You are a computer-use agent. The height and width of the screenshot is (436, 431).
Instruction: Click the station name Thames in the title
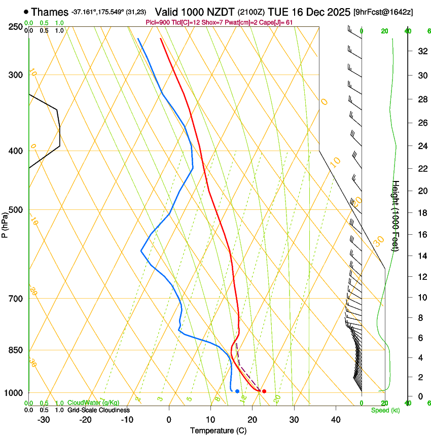[x=50, y=12]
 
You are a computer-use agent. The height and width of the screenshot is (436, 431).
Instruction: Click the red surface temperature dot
[x=264, y=391]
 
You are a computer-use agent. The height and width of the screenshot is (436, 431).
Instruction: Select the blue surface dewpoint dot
[x=237, y=391]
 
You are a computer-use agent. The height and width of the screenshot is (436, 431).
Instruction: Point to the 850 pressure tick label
[x=16, y=350]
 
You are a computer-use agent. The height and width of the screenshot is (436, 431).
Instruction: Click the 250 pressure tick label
[x=16, y=27]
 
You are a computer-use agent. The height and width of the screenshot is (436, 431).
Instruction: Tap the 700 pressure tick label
[x=16, y=299]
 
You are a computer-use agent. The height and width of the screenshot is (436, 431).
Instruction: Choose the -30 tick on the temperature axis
[x=44, y=420]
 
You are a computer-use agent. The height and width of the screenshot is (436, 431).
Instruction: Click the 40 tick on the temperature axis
[x=336, y=420]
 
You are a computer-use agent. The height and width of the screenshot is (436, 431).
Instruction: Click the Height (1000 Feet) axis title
[x=396, y=216]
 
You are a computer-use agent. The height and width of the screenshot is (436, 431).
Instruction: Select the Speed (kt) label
[x=385, y=410]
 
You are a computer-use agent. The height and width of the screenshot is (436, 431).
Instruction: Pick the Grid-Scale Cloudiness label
[x=98, y=410]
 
